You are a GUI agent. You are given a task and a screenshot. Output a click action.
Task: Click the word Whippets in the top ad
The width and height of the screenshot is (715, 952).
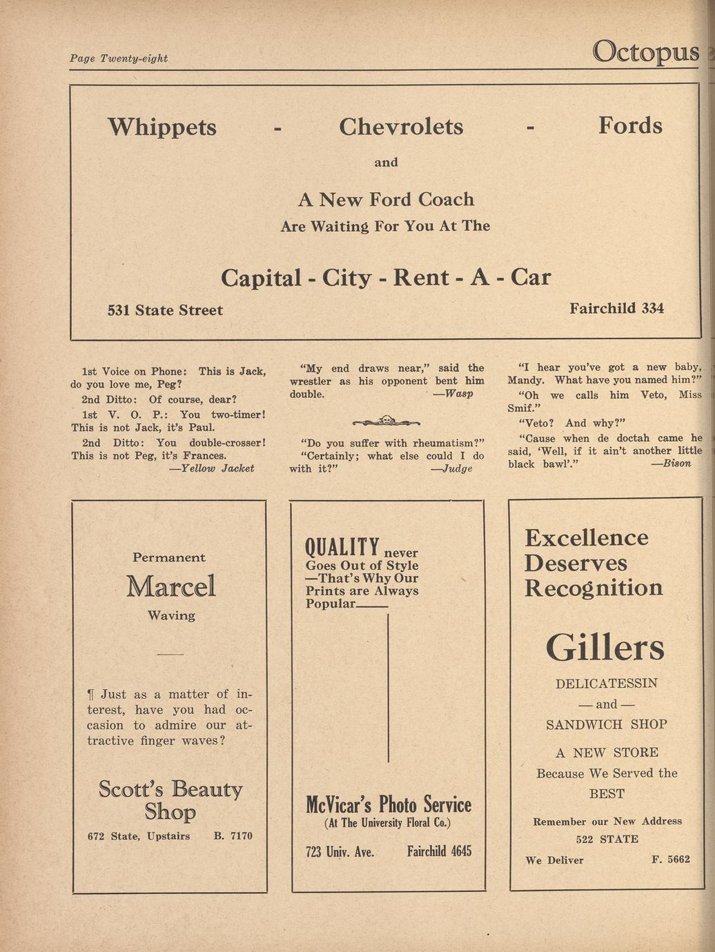[x=162, y=127]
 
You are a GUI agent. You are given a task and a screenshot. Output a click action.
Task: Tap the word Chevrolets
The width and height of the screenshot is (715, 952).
[x=401, y=127]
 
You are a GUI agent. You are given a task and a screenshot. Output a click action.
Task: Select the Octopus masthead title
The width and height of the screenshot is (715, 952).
[x=645, y=51]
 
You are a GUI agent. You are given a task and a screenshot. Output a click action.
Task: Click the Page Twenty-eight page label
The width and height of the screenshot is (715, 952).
[x=119, y=59]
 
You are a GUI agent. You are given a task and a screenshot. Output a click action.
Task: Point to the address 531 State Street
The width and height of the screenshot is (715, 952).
[x=165, y=310]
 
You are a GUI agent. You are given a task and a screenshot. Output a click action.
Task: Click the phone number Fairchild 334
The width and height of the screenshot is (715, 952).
[x=616, y=308]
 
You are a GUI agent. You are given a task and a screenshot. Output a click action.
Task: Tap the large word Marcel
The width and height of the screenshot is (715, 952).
[x=171, y=586]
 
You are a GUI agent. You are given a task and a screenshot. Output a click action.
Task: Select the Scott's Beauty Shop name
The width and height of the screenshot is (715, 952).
[x=170, y=800]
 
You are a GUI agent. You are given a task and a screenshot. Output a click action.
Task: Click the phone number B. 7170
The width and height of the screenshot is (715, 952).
[x=233, y=836]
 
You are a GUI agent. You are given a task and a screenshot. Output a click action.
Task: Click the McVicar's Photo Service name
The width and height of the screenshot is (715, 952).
[x=389, y=804]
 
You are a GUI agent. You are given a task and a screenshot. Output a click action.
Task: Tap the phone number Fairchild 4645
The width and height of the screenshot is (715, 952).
[x=439, y=851]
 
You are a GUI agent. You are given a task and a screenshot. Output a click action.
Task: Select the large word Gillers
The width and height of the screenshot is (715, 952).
[x=605, y=647]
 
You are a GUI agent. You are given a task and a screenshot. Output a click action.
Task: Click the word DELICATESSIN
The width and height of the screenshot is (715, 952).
[x=607, y=684]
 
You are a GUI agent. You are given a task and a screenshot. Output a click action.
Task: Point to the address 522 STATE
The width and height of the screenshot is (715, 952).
[x=607, y=840]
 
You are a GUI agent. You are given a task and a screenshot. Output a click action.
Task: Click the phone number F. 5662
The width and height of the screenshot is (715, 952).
[x=670, y=860]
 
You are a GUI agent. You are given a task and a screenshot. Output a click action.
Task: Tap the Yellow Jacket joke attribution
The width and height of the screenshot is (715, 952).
[x=212, y=468]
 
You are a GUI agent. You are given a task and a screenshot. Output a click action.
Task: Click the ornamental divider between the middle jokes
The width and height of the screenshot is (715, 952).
[x=386, y=421]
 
